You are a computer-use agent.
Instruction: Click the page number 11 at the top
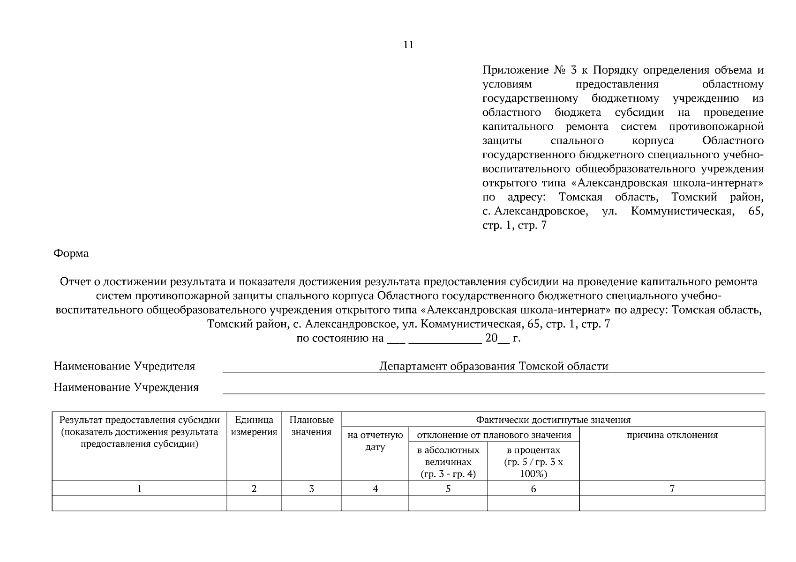click(x=408, y=45)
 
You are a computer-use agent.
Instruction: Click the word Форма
click(x=71, y=253)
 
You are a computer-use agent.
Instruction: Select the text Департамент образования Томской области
click(x=494, y=366)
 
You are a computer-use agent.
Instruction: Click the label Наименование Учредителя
click(x=124, y=366)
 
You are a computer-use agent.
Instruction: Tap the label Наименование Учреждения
click(x=126, y=387)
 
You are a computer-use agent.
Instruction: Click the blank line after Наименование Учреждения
click(x=494, y=389)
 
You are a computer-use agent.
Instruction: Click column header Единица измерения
click(x=254, y=426)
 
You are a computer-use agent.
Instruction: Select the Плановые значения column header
click(x=311, y=426)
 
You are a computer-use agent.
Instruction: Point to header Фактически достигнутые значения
click(x=553, y=420)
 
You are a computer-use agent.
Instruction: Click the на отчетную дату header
click(x=375, y=441)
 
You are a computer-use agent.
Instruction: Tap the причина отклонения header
click(x=672, y=435)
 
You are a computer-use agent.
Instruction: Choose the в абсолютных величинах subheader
click(x=448, y=462)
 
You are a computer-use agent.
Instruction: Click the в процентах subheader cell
click(x=533, y=462)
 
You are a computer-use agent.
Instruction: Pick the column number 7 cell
click(x=672, y=488)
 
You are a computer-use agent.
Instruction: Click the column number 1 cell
click(x=139, y=488)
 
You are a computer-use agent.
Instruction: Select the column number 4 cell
click(x=375, y=488)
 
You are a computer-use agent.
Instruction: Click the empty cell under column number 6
click(x=533, y=503)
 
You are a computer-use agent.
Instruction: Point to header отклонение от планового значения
click(x=494, y=435)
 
